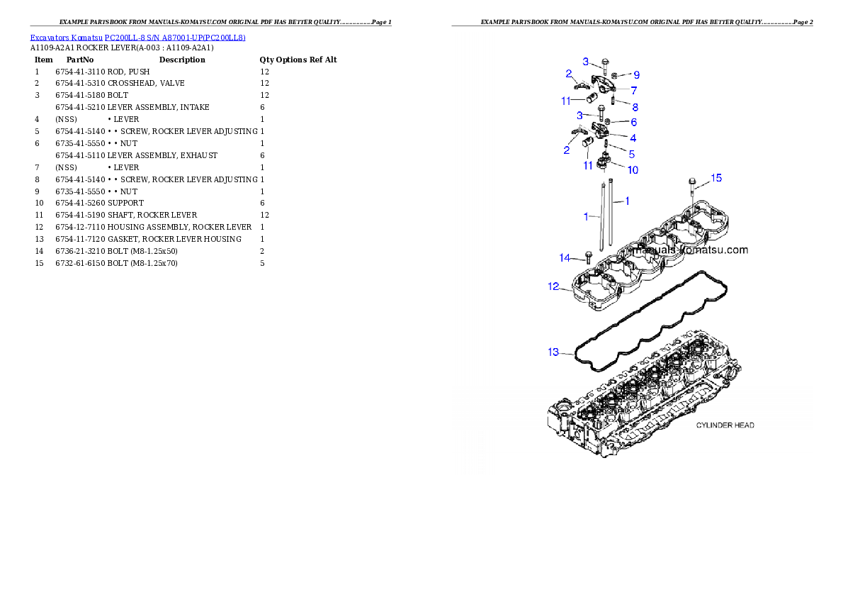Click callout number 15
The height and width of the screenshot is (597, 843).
(717, 178)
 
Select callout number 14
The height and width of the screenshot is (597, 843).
(565, 258)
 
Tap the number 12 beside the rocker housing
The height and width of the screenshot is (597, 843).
(553, 287)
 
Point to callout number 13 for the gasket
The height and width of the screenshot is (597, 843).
(553, 352)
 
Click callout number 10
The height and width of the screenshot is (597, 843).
(633, 170)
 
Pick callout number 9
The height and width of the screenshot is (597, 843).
(636, 74)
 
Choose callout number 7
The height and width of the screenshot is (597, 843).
(633, 91)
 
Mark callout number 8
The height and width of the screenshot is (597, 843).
(635, 108)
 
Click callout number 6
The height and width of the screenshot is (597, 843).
(633, 123)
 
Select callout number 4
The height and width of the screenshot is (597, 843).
(633, 138)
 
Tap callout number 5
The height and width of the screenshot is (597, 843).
(631, 154)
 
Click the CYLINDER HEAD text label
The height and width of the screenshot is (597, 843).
(725, 425)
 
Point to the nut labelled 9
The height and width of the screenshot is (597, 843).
(616, 74)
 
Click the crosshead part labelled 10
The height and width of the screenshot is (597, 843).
(604, 161)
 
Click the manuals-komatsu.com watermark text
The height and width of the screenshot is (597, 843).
(691, 250)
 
